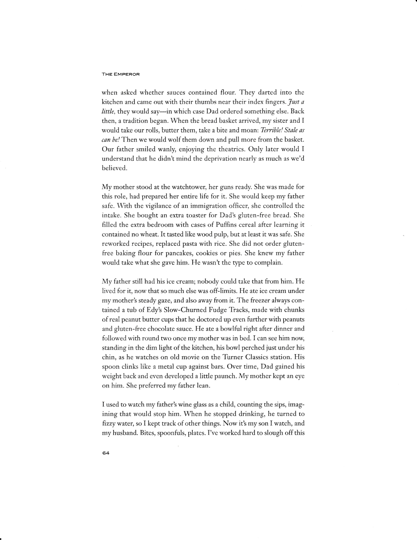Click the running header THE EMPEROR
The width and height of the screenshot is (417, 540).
(x=121, y=74)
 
